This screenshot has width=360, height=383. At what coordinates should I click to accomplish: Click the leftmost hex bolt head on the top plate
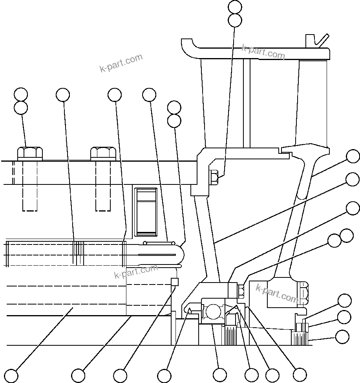tap(30, 153)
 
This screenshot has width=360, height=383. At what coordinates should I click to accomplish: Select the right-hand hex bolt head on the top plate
tap(103, 153)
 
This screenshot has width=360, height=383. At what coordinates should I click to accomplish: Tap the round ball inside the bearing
tap(213, 312)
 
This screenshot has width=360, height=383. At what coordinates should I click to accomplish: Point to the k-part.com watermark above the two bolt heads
tap(121, 63)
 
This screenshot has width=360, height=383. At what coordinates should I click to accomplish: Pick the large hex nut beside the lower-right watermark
tap(304, 293)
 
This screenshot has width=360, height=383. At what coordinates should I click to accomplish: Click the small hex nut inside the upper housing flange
tap(215, 177)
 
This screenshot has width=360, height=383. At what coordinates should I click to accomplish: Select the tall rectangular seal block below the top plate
tap(146, 212)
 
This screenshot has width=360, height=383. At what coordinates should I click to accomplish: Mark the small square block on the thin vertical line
tap(175, 282)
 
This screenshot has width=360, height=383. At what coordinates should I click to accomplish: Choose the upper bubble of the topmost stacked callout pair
tap(235, 7)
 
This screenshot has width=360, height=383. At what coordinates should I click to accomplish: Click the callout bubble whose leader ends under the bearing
tap(219, 374)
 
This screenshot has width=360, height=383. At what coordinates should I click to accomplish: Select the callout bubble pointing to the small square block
tap(120, 374)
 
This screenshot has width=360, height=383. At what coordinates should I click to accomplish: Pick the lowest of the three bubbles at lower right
tap(342, 336)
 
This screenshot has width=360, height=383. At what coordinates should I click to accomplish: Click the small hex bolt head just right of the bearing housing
tap(241, 291)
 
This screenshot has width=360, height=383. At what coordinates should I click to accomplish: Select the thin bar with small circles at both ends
tap(159, 243)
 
